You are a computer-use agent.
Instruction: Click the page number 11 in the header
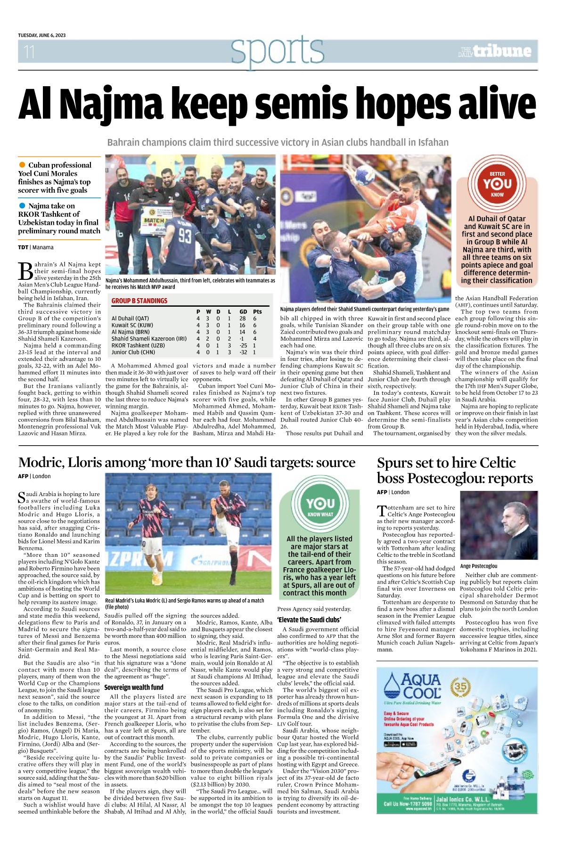[29, 51]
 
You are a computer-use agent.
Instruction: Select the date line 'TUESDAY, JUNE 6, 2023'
[42, 35]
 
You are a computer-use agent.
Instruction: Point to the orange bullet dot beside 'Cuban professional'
[22, 165]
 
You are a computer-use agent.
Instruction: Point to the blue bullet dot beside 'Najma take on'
[22, 206]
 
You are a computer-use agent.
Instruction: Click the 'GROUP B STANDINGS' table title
[139, 301]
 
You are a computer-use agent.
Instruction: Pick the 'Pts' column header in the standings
[257, 311]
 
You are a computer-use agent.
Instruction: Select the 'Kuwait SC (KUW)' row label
[132, 325]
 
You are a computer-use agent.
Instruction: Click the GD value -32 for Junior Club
[243, 352]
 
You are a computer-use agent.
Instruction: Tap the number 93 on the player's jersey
[185, 236]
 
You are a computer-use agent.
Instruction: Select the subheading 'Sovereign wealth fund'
[134, 687]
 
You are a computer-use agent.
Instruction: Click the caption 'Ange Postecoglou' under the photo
[479, 566]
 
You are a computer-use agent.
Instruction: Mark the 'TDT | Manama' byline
[36, 247]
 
